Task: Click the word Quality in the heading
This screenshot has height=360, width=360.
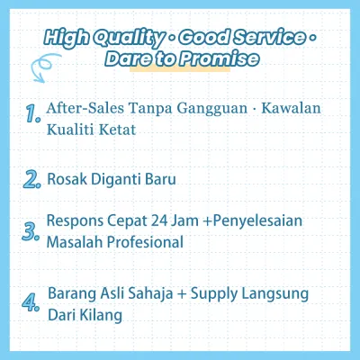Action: tap(129, 39)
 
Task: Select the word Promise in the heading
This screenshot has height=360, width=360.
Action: tap(219, 58)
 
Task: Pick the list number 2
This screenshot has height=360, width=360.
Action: tap(31, 180)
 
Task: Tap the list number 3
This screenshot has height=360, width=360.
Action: tap(31, 231)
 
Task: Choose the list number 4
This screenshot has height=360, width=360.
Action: tap(31, 302)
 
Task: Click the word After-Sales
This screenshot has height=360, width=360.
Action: tap(85, 108)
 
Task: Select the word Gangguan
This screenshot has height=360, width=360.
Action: tap(211, 108)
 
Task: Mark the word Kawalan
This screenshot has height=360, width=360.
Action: tap(291, 108)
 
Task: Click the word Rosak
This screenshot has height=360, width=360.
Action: tap(67, 179)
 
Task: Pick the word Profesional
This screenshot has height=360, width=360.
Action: tap(145, 242)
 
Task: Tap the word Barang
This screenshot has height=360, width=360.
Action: tap(72, 294)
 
